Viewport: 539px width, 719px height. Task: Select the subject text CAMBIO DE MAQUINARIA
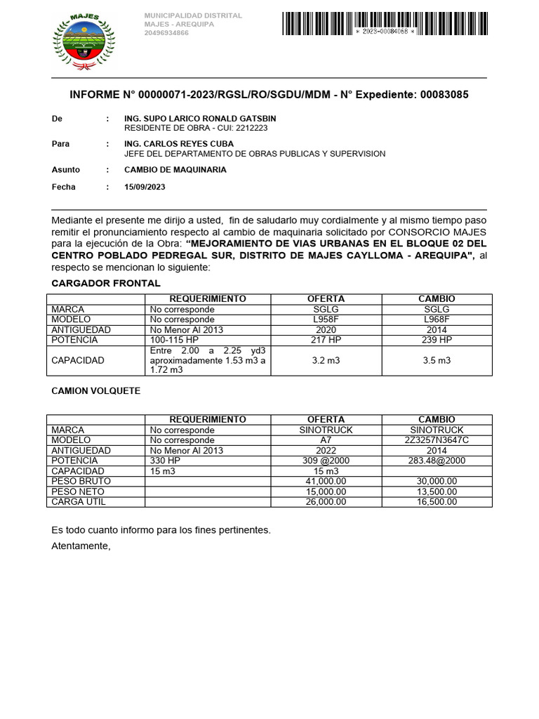175,170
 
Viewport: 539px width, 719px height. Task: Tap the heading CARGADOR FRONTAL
106,283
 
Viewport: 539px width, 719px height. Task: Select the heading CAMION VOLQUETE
96,391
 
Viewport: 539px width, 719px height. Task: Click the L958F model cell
326,319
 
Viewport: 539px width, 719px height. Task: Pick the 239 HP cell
437,340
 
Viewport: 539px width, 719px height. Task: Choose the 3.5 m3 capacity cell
437,360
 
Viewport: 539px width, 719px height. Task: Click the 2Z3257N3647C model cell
437,440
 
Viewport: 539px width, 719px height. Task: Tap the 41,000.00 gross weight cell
326,481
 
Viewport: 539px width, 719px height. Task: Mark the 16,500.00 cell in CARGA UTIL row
437,502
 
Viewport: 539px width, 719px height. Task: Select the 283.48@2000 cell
437,461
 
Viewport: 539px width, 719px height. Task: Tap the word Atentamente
81,546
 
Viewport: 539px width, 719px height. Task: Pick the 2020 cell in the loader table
326,330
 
